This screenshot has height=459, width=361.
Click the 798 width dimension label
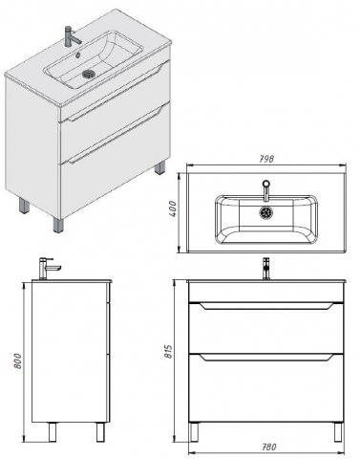266,159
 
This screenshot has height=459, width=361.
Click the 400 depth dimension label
172,208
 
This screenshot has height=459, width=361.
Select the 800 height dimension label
18,361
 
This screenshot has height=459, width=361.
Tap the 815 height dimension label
168,351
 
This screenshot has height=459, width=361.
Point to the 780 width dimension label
269,447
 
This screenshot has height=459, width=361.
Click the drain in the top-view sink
265,212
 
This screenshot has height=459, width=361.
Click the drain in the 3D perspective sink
87,74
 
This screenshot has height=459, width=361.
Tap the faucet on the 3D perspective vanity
72,35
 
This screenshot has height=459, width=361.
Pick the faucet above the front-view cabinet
266,269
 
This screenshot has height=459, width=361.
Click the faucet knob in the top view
266,184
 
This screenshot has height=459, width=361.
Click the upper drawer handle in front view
266,306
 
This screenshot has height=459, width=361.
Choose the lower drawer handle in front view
266,357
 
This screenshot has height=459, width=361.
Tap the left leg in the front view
194,432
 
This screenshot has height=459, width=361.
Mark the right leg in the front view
338,432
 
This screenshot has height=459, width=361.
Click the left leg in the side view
53,432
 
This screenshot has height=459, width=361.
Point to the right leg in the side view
100,432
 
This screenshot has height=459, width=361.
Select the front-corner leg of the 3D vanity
58,225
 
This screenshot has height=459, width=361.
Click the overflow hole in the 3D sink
78,55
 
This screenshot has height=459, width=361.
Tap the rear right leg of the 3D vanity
160,167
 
